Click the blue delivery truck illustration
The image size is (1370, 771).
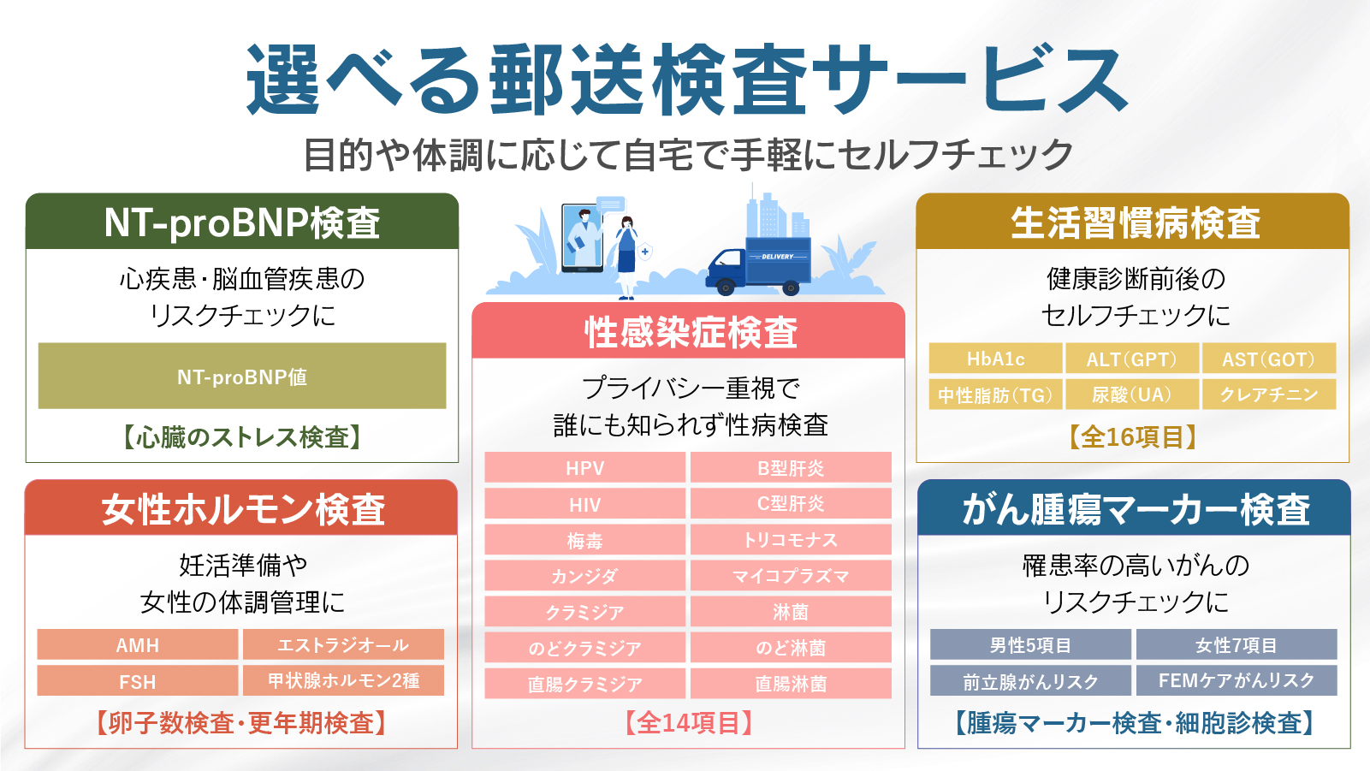[x=758, y=266]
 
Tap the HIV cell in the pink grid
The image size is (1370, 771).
[x=584, y=504]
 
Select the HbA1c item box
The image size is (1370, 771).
[x=995, y=359]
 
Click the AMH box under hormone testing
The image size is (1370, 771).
[x=138, y=644]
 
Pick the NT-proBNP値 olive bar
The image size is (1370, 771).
[x=242, y=376]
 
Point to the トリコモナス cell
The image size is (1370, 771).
[x=791, y=539]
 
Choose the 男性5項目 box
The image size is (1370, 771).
[x=1030, y=644]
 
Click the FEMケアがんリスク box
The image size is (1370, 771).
[x=1237, y=680]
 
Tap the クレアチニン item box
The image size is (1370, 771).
[x=1269, y=394]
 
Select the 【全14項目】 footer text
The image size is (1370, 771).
[x=688, y=723]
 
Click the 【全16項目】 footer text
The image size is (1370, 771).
[x=1133, y=436]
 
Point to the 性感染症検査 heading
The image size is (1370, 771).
[x=691, y=333]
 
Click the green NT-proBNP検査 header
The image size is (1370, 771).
[x=242, y=222]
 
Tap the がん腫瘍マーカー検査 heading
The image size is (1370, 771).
[x=1136, y=508]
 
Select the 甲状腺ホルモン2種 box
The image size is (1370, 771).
[x=344, y=680]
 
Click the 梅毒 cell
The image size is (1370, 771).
[x=584, y=539]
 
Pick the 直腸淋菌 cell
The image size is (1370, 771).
[x=791, y=683]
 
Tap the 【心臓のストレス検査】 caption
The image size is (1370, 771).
[x=242, y=436]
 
